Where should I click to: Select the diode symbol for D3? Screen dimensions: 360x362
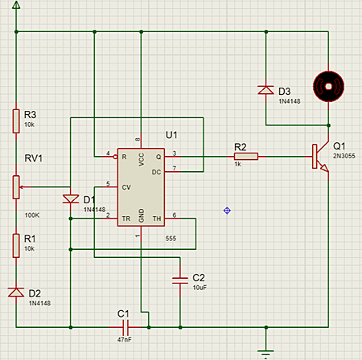(265, 90)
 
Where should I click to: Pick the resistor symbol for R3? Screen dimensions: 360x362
(15, 121)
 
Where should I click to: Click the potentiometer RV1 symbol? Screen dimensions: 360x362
(15, 186)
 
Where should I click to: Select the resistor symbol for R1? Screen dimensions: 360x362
(15, 243)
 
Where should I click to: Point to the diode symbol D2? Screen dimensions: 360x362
(15, 292)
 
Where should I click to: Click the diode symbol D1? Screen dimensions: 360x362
(71, 198)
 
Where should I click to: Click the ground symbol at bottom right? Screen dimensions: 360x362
(265, 351)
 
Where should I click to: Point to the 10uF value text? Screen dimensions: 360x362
(199, 287)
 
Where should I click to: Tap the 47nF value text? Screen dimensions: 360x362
(124, 342)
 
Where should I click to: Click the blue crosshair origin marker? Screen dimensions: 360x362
(228, 211)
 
